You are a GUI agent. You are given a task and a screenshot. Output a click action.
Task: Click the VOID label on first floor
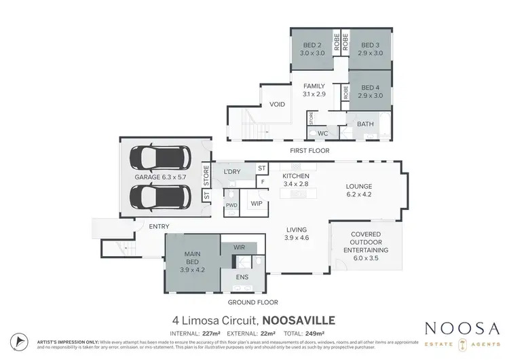pos(277,105)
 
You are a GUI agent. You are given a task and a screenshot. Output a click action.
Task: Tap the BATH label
pos(365,124)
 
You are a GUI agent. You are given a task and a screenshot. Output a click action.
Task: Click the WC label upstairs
pos(323,133)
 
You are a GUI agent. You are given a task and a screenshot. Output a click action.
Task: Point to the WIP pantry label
pos(257,202)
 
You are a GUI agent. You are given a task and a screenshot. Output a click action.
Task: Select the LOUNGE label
pos(359,187)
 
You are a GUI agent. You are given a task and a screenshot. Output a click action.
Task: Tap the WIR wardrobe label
pos(238,248)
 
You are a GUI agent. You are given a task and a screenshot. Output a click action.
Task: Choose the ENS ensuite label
pos(242,277)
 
